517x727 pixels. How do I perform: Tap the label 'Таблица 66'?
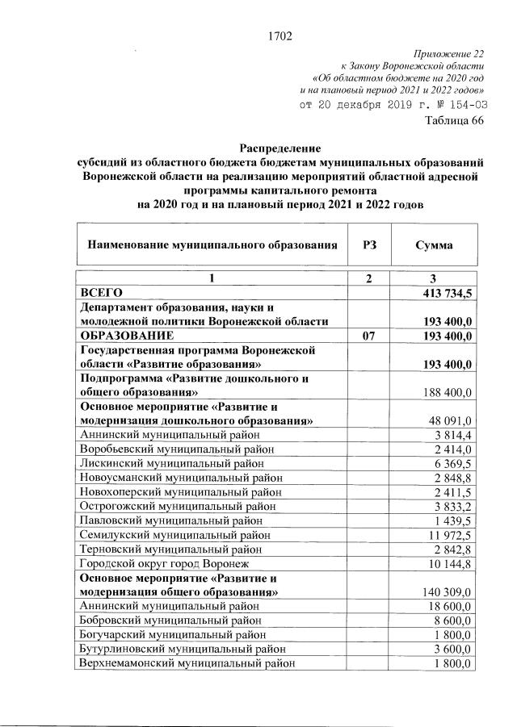pyautogui.click(x=455, y=122)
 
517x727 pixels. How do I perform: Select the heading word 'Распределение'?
pyautogui.click(x=280, y=148)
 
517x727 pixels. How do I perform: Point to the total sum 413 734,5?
pyautogui.click(x=446, y=293)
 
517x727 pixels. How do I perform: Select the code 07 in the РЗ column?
pyautogui.click(x=368, y=335)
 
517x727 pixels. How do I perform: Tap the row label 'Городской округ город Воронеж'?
pyautogui.click(x=159, y=564)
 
